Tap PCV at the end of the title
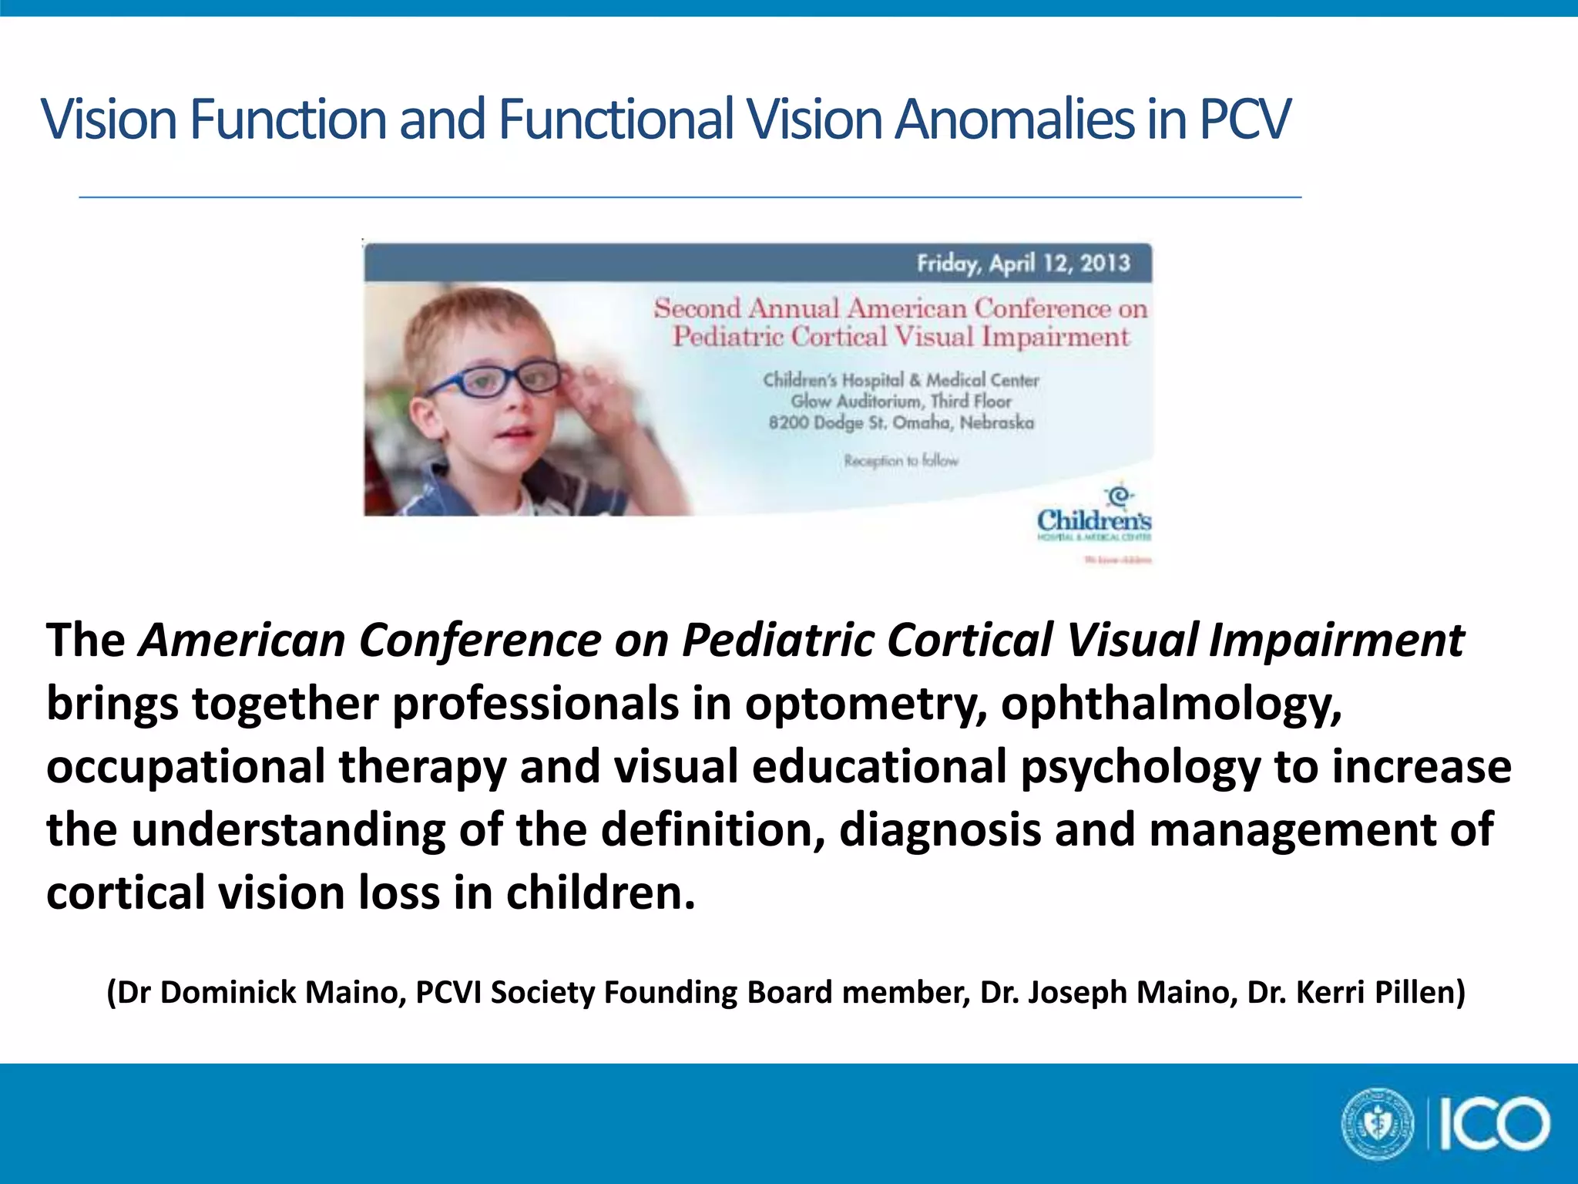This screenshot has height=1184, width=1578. coord(1244,119)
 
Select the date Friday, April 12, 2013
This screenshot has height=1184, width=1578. coord(1023,264)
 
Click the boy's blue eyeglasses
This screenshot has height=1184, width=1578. coord(493,380)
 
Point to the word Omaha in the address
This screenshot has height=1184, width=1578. coord(922,422)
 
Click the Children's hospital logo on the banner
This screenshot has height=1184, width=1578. coord(1094,513)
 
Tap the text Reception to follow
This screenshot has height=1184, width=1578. coord(901,460)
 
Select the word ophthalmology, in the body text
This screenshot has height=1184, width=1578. coord(1171,704)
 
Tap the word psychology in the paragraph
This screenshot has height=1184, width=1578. coord(1141,767)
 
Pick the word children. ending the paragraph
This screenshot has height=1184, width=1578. coord(600,893)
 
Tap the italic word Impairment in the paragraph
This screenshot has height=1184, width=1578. coord(1336,641)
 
